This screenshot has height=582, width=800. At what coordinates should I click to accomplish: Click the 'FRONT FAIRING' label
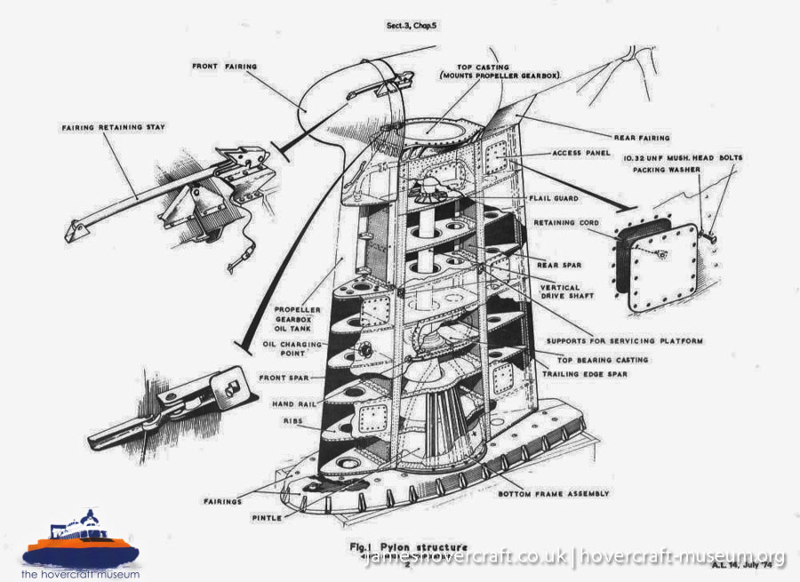coord(226,66)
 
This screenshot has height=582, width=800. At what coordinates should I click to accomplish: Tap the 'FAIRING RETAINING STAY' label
coord(115,127)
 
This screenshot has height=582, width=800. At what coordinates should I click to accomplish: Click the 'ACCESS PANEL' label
coord(581,153)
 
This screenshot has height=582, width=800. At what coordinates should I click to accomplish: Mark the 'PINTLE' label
coord(267,517)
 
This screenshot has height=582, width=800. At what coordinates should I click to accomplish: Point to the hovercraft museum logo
coord(80,544)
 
